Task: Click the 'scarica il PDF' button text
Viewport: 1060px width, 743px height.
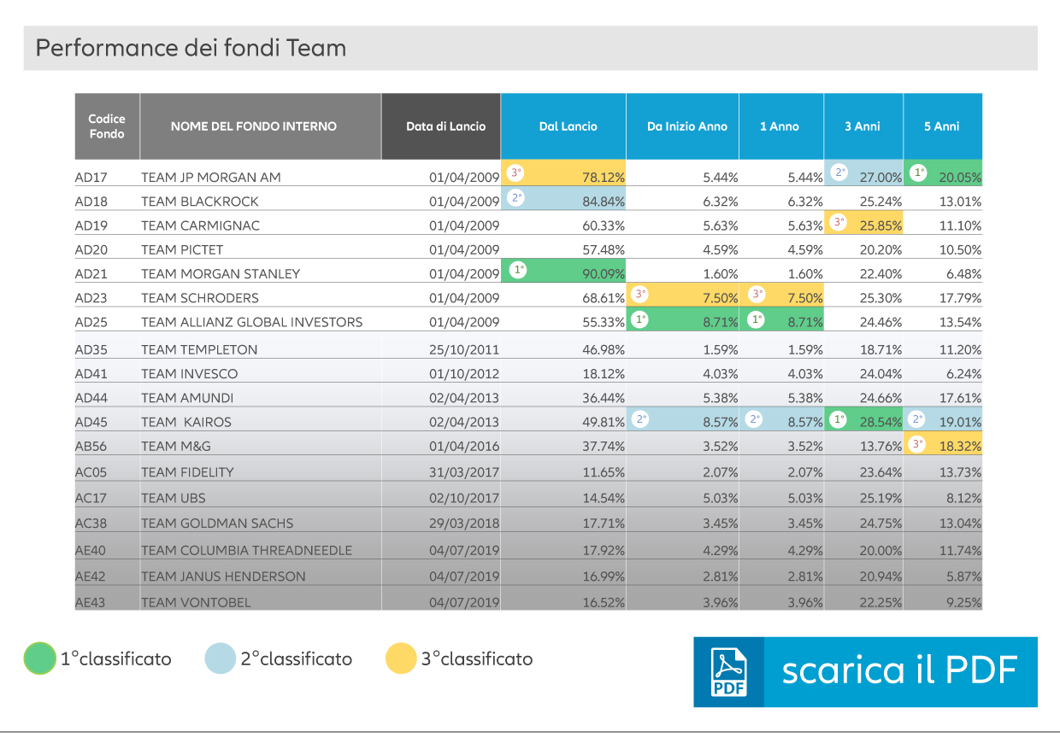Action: tap(899, 671)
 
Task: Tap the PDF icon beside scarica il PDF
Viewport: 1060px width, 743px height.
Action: tap(728, 672)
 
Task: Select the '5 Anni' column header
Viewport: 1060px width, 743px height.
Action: tap(941, 126)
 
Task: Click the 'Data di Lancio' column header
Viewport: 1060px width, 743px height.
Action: tap(445, 126)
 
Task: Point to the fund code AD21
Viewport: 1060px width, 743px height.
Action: tap(91, 274)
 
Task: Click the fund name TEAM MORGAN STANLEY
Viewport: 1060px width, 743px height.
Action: tap(221, 274)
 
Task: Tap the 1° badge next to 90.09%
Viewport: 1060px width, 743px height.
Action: tap(518, 270)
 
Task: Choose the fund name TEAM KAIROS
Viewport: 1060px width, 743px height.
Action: tap(186, 422)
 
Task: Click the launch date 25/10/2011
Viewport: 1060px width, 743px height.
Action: tap(464, 349)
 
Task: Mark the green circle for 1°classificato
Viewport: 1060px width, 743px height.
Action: tap(39, 658)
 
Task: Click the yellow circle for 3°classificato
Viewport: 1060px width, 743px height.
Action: tap(400, 658)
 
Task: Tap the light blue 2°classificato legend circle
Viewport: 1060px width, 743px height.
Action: tap(220, 658)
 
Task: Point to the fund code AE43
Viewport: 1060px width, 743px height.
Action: tap(91, 602)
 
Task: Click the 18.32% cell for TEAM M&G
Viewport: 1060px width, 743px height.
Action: tap(960, 446)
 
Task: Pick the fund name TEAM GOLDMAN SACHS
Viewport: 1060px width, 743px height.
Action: tap(217, 524)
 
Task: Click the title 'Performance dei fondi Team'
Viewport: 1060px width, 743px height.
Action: tap(191, 48)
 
